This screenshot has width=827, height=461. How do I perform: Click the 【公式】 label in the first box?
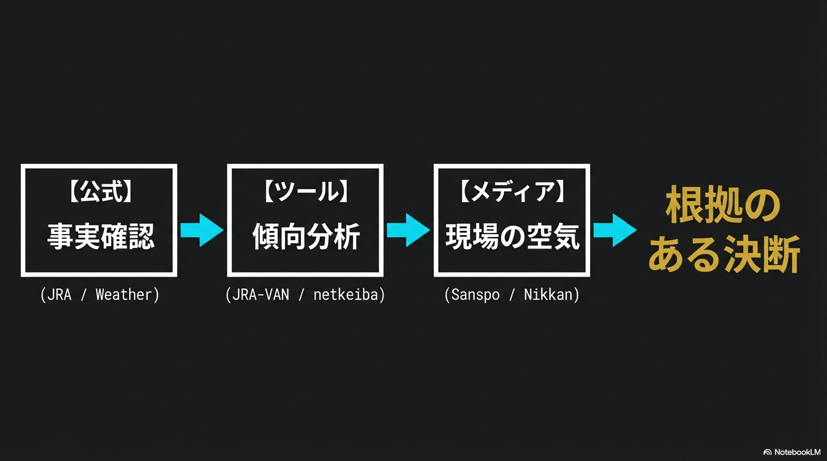click(100, 193)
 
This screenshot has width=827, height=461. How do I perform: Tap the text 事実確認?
click(100, 236)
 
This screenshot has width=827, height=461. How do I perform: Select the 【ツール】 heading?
click(305, 193)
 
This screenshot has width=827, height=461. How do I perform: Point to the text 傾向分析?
click(305, 236)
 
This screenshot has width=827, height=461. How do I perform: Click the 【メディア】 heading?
click(511, 193)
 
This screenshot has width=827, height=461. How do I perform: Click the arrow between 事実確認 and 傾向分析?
click(201, 230)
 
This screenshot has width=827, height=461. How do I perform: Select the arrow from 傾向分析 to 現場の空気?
click(407, 230)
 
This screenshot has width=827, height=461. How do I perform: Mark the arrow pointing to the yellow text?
click(614, 230)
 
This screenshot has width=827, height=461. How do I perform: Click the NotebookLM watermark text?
click(797, 452)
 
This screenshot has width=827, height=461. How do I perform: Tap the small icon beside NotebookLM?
click(767, 452)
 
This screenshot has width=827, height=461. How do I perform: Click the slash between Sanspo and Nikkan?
click(511, 295)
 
